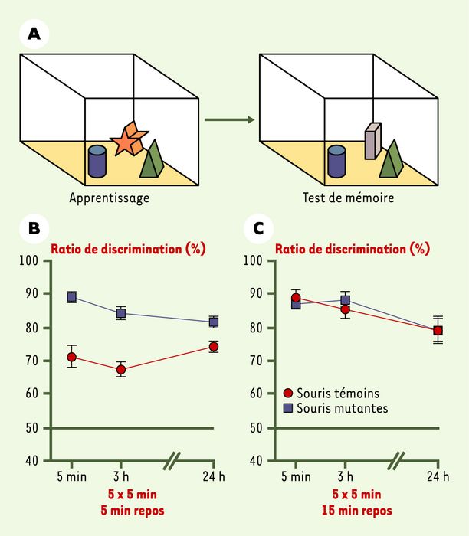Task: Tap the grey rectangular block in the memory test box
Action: point(372,141)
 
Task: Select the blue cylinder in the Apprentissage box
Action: point(97,162)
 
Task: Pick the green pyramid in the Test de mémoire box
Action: point(392,160)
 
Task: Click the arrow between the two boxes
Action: point(230,119)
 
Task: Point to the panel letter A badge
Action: point(34,34)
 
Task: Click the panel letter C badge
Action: point(258,228)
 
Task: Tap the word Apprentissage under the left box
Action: point(109,198)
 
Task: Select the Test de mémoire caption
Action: point(348,198)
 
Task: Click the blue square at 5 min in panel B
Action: point(71,297)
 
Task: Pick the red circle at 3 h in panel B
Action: point(121,370)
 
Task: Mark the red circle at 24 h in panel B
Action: point(214,347)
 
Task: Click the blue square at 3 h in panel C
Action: point(346,300)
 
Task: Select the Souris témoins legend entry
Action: point(332,393)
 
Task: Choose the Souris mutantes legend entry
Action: point(336,408)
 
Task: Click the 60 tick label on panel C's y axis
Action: point(256,394)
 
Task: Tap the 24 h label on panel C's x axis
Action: point(438,476)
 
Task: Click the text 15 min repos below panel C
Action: point(357,511)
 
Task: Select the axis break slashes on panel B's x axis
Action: point(172,460)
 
